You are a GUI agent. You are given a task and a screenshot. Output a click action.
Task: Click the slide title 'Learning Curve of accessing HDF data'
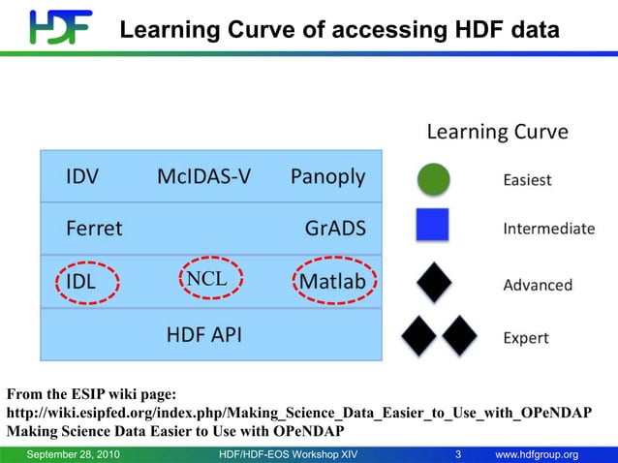click(339, 31)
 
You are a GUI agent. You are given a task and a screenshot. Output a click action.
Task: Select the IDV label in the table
click(81, 177)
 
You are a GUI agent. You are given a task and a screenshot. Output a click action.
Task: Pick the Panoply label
click(327, 177)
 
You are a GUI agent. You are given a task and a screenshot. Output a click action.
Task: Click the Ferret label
click(94, 229)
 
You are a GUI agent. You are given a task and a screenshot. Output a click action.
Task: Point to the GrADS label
click(335, 229)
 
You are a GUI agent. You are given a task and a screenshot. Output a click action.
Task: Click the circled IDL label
click(83, 282)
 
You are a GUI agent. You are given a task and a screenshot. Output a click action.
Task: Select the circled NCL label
click(206, 279)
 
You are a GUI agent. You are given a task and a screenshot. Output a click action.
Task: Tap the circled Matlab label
click(332, 282)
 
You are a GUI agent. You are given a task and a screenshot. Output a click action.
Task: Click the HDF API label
click(203, 335)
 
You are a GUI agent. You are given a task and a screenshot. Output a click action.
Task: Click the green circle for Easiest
click(433, 179)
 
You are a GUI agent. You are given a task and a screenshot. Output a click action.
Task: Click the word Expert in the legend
click(525, 338)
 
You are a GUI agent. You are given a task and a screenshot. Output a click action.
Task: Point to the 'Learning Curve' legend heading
click(497, 132)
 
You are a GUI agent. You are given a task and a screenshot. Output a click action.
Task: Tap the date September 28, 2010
click(74, 454)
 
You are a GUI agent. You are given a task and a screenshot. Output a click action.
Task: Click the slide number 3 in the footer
click(458, 454)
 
